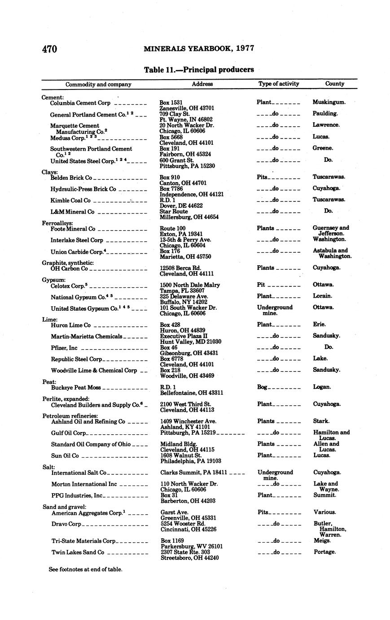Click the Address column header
point(202,84)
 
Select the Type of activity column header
point(278,84)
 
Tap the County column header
point(334,84)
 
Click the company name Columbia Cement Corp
point(80,103)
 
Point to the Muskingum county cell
point(329,103)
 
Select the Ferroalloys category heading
point(57,223)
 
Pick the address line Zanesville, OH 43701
point(187,108)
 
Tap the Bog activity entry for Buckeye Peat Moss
point(262,387)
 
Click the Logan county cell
point(322,387)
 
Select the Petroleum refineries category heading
point(70,416)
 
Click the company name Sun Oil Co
point(65,455)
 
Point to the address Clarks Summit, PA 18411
point(193,473)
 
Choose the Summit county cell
point(324,495)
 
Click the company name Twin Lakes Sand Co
point(78,552)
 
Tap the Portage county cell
point(324,552)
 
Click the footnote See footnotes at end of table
point(85,569)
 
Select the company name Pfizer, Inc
point(64,348)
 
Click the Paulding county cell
point(325,114)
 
